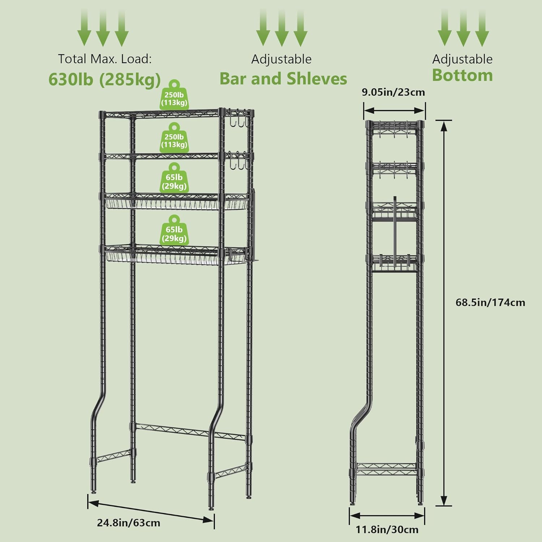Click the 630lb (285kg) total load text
pyautogui.click(x=104, y=79)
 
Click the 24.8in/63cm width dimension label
pyautogui.click(x=128, y=523)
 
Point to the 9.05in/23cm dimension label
pyautogui.click(x=393, y=92)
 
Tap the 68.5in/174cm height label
pyautogui.click(x=490, y=302)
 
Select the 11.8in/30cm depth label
pyautogui.click(x=387, y=530)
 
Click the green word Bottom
pyautogui.click(x=462, y=75)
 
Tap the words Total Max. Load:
pyautogui.click(x=105, y=59)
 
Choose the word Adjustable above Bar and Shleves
pyautogui.click(x=281, y=59)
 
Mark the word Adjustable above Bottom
pyautogui.click(x=462, y=59)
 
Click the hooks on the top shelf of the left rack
pyautogui.click(x=238, y=119)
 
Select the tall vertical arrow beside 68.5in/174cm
pyautogui.click(x=444, y=313)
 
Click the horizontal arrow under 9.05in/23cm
pyautogui.click(x=394, y=111)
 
